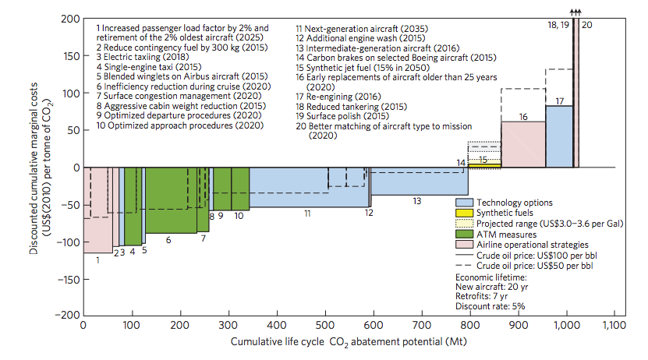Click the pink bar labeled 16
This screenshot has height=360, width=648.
(x=523, y=144)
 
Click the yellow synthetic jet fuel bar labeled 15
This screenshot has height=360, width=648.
(x=484, y=164)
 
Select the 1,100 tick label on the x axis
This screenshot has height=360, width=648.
(x=614, y=325)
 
